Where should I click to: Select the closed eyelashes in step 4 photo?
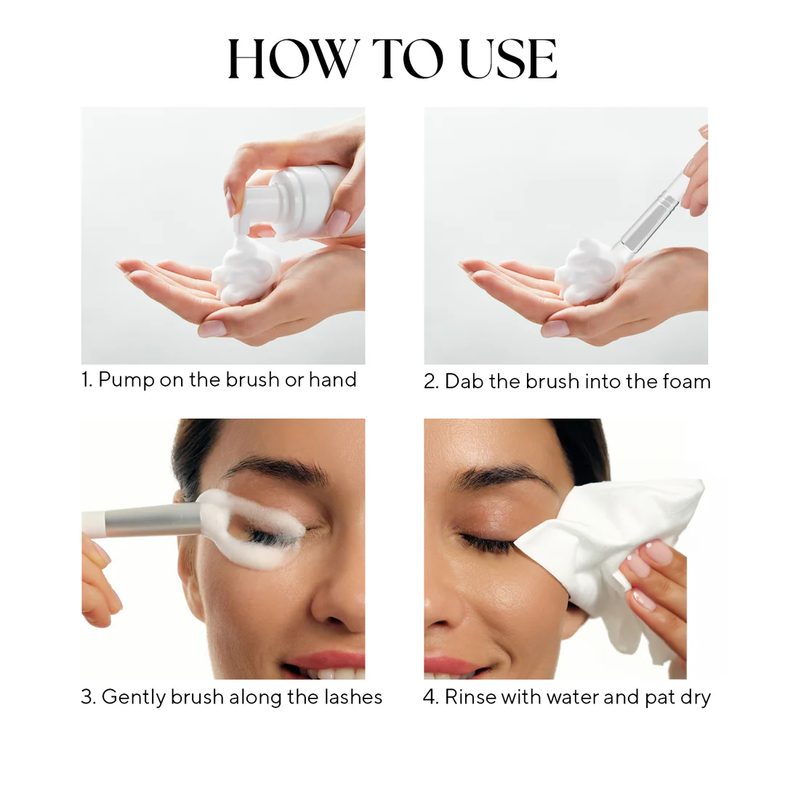pos(486,542)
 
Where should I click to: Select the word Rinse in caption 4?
pos(470,697)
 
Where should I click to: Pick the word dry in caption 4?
pos(695,697)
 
